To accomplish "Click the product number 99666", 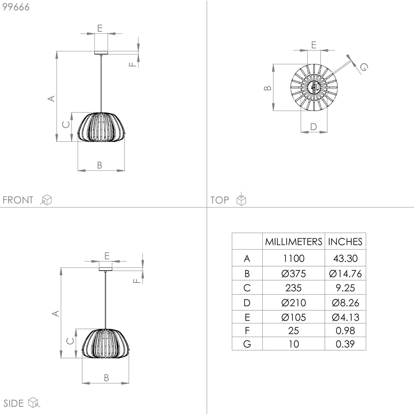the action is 16,7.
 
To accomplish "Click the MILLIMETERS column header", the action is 293,242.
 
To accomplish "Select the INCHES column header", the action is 345,242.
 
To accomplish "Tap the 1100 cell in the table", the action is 293,258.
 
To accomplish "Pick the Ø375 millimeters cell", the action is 293,274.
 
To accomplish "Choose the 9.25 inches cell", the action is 345,288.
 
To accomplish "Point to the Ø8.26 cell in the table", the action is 345,303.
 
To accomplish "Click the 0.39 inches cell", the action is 345,344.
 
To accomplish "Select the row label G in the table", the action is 247,344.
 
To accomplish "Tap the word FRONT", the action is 18,200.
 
